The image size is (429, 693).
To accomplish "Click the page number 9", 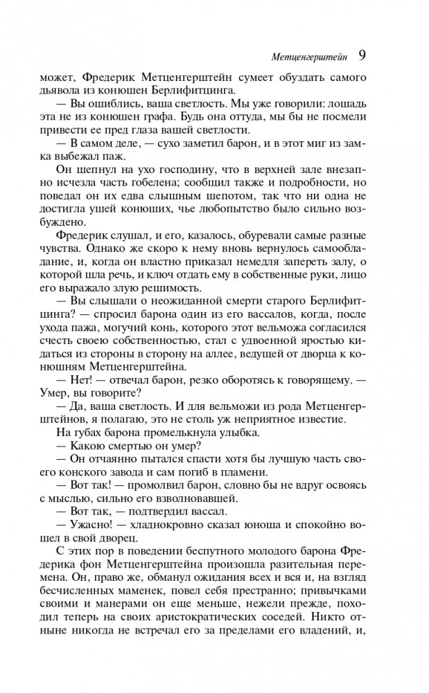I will coord(362,54).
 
